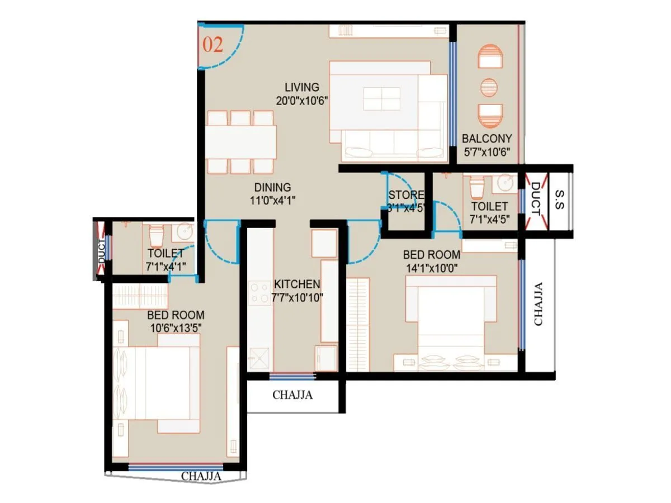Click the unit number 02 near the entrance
pyautogui.click(x=212, y=45)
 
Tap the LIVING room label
pyautogui.click(x=301, y=87)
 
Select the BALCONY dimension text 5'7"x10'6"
pyautogui.click(x=486, y=153)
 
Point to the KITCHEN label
pyautogui.click(x=297, y=284)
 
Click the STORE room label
pyautogui.click(x=406, y=196)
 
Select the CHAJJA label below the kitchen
pyautogui.click(x=292, y=395)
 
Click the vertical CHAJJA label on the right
pyautogui.click(x=538, y=303)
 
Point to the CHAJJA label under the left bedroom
pyautogui.click(x=201, y=477)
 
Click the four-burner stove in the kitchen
pyautogui.click(x=259, y=293)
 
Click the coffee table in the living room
pyautogui.click(x=381, y=99)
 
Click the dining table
pyautogui.click(x=241, y=142)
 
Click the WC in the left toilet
pyautogui.click(x=155, y=235)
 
